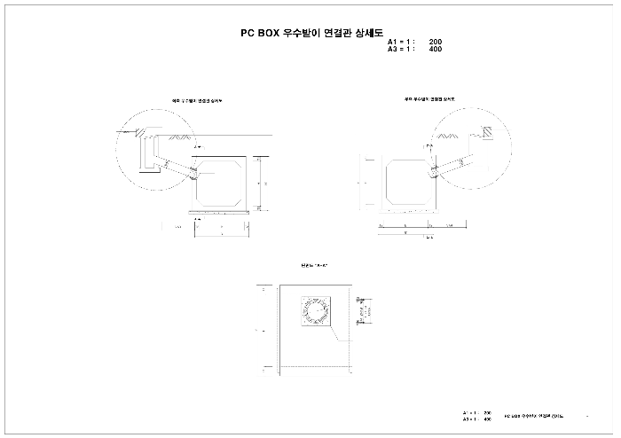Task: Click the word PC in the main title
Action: point(248,32)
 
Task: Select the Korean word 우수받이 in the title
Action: point(302,32)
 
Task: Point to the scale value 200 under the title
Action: point(435,42)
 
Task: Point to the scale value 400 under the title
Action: point(435,49)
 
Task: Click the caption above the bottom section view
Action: point(315,265)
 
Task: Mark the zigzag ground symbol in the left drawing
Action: point(181,137)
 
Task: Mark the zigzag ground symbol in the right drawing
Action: point(448,136)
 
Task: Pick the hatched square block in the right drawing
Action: point(488,130)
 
